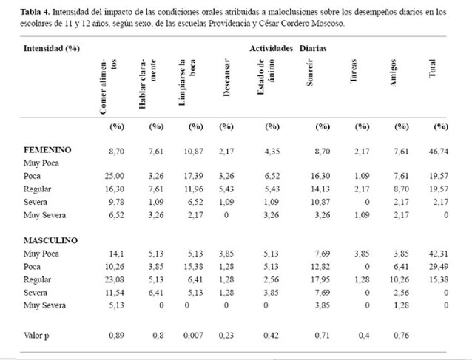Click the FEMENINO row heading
tap(47, 150)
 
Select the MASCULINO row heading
tap(50, 240)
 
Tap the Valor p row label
tap(36, 336)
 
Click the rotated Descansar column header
tap(226, 78)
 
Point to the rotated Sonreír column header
tap(310, 72)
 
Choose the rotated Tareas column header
tap(354, 71)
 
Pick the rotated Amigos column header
tap(393, 72)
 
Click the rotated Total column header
tap(432, 68)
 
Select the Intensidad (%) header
tap(52, 49)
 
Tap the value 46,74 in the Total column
tap(439, 152)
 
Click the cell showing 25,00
tap(115, 176)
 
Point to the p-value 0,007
tap(193, 336)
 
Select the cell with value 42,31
tap(439, 254)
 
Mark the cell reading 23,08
tap(115, 279)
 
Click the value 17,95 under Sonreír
tap(320, 279)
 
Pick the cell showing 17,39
tap(194, 176)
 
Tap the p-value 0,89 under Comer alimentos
tap(116, 336)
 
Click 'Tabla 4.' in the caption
tap(36, 12)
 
